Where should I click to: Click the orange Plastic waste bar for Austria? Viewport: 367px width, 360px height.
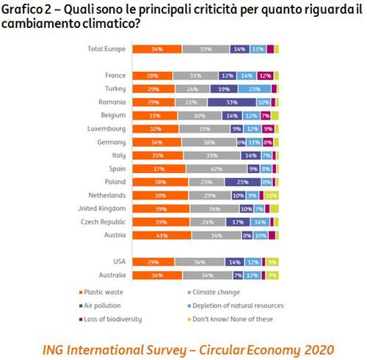point(155,235)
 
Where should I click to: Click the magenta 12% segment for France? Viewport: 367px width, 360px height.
point(265,75)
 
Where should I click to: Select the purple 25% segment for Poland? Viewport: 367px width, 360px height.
point(241,182)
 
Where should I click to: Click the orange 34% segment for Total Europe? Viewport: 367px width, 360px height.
point(156,49)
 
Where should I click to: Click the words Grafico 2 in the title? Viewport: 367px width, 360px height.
point(28,9)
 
